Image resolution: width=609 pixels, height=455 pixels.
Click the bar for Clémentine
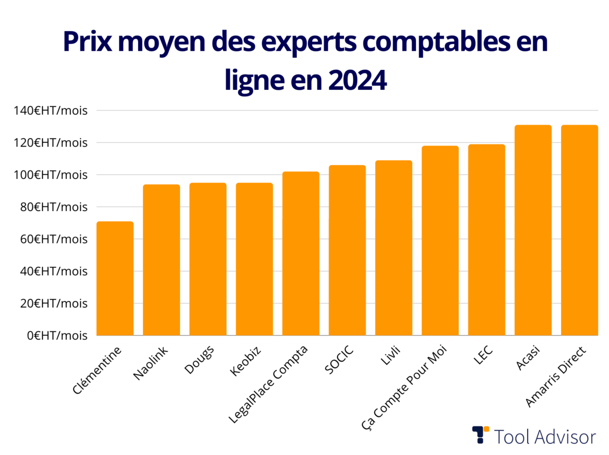pyautogui.click(x=115, y=278)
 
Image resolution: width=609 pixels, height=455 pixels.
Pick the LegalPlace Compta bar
pyautogui.click(x=300, y=254)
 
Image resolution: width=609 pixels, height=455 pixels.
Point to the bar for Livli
pyautogui.click(x=393, y=248)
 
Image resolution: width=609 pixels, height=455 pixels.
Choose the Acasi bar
pyautogui.click(x=533, y=230)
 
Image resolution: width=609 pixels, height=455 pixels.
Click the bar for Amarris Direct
pyautogui.click(x=579, y=230)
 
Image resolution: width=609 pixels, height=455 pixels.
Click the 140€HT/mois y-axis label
pyautogui.click(x=47, y=111)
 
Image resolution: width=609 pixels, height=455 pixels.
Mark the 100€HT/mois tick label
pyautogui.click(x=47, y=175)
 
